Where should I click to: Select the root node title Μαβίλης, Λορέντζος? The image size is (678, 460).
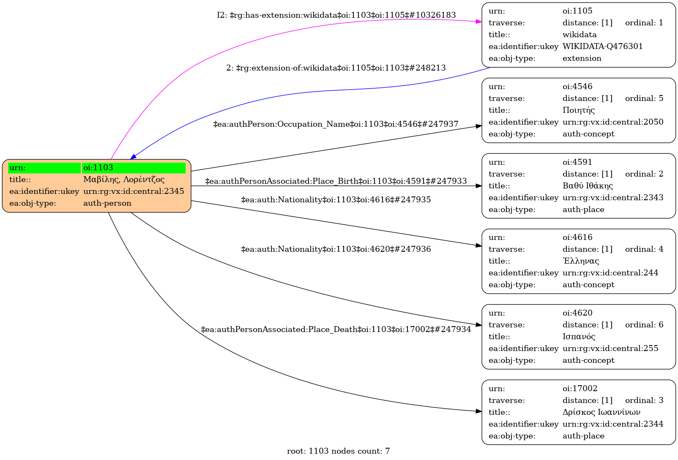point(124,180)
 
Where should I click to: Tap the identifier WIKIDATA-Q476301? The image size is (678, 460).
point(602,46)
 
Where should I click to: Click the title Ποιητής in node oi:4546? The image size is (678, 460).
point(579,110)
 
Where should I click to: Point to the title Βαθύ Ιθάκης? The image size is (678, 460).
point(588,186)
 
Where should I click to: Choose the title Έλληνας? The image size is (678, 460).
point(581,261)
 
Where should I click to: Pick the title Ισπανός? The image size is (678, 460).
point(579,337)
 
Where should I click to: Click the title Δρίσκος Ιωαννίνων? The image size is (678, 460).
point(601,412)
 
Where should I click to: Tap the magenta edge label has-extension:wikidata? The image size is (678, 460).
point(336,15)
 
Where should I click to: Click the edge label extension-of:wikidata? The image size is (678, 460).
point(336,68)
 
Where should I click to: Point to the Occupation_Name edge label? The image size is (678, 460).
point(336,124)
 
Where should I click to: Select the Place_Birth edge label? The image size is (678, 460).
point(336,181)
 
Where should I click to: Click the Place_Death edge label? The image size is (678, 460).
point(336,329)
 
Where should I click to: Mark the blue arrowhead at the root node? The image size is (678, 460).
point(133,157)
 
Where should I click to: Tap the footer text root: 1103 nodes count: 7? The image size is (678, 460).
point(338,451)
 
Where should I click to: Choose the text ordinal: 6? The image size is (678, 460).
point(644,325)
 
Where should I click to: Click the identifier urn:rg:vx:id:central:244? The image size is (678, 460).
point(610,273)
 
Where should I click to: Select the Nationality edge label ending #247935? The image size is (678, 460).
point(336,200)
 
